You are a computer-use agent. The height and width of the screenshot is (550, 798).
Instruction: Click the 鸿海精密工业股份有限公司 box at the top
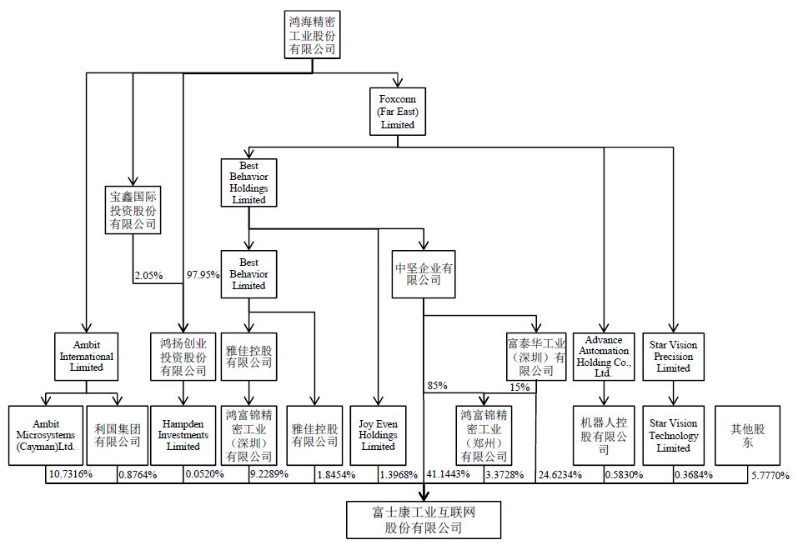pos(312,35)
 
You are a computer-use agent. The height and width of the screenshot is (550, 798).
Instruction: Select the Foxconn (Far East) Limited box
pos(398,112)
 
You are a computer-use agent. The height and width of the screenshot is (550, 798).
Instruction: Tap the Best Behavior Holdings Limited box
pos(248,182)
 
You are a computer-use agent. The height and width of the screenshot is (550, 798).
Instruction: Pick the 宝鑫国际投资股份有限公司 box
pos(133,210)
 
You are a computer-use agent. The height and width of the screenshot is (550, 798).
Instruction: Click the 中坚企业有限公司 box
pos(424,274)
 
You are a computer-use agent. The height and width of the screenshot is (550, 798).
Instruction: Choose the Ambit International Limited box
pos(87,357)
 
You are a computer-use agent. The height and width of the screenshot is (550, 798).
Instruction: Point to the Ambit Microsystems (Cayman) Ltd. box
pos(46,436)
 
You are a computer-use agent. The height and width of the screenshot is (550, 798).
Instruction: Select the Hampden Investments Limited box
pos(183,436)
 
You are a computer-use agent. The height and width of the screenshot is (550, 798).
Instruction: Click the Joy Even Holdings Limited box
pos(378,436)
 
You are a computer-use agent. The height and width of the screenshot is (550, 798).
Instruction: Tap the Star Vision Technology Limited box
pos(673,436)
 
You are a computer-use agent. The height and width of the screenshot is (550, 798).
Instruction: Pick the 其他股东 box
pos(748,436)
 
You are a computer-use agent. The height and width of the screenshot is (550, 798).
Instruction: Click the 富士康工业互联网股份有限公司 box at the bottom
pos(424,520)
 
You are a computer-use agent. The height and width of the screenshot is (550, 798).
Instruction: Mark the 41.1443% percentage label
pos(448,474)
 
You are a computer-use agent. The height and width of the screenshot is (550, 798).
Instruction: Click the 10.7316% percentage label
pos(71,474)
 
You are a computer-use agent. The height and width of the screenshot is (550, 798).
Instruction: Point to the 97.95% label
pos(203,275)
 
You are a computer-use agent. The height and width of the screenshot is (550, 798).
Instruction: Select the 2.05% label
pos(148,276)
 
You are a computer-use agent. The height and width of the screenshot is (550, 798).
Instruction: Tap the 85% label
pos(437,386)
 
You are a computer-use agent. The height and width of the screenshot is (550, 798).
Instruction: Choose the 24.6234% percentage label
pos(560,475)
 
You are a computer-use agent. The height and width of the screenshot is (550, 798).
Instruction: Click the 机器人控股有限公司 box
pos(604,436)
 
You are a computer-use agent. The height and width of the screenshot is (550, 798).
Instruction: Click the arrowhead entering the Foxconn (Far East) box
pos(398,82)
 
